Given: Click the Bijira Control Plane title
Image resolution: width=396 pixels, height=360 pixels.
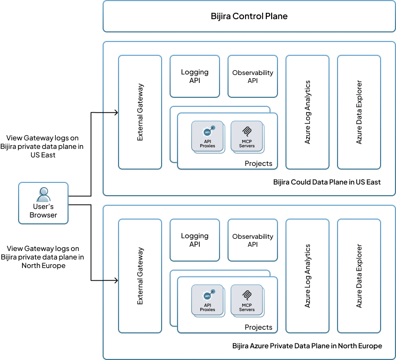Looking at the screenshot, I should point(249,16).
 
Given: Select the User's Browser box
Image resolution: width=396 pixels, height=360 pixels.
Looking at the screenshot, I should point(43,203).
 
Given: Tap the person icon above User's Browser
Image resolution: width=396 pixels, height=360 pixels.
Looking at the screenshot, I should point(43,194).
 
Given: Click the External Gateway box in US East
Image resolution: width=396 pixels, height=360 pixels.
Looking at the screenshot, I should point(140,112).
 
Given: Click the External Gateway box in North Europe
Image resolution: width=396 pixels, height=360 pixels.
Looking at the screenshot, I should point(140,275).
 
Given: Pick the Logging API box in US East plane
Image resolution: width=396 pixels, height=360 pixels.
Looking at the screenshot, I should point(195,76).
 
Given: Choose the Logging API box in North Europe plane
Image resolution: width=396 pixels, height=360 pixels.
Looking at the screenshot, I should point(195,240).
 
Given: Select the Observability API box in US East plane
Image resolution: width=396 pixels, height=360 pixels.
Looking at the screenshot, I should point(252,76).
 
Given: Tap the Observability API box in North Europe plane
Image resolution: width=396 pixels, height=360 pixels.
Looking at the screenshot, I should point(252,240).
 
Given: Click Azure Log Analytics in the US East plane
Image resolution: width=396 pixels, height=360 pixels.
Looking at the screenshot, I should point(308,112).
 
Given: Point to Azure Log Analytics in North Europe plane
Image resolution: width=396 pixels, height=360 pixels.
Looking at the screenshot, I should point(308,275).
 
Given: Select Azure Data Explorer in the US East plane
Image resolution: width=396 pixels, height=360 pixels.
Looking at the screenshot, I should point(359,112).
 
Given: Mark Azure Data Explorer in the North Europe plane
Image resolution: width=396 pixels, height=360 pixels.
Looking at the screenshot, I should point(359,275).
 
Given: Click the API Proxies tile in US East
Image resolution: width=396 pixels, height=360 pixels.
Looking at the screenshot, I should point(207,137).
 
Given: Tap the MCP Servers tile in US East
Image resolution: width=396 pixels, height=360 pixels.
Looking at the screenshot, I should point(247,137).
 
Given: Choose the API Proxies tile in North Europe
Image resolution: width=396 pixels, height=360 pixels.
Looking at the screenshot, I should point(207,300).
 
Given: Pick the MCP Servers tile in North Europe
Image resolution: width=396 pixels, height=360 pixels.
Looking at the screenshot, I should point(247,300).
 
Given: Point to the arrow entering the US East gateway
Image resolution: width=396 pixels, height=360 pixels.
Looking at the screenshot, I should point(110,113).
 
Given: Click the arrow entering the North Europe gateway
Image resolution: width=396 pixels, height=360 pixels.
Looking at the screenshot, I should point(110,281).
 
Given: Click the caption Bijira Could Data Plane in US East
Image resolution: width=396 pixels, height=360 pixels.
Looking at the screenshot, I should point(326,182).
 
